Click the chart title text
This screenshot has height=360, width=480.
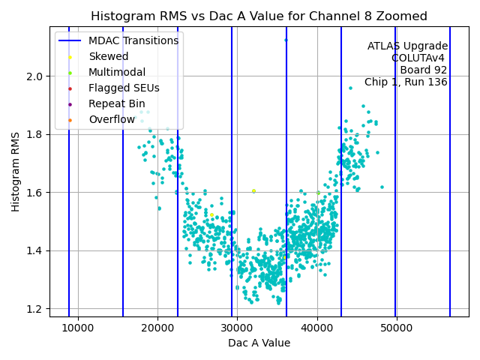259,16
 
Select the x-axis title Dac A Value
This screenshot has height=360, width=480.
259,343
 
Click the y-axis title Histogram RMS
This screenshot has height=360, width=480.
16,171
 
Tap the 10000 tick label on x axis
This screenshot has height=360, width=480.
78,328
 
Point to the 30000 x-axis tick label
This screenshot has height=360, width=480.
237,328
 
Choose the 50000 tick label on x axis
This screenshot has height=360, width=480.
396,328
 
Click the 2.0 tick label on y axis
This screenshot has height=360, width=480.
34,76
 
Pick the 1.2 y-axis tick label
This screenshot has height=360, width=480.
34,309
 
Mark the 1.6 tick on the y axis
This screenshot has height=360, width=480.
34,193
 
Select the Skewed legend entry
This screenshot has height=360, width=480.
108,56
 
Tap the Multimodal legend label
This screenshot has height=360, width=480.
117,72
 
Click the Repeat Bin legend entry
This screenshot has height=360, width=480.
116,103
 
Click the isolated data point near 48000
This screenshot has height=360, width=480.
382,187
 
